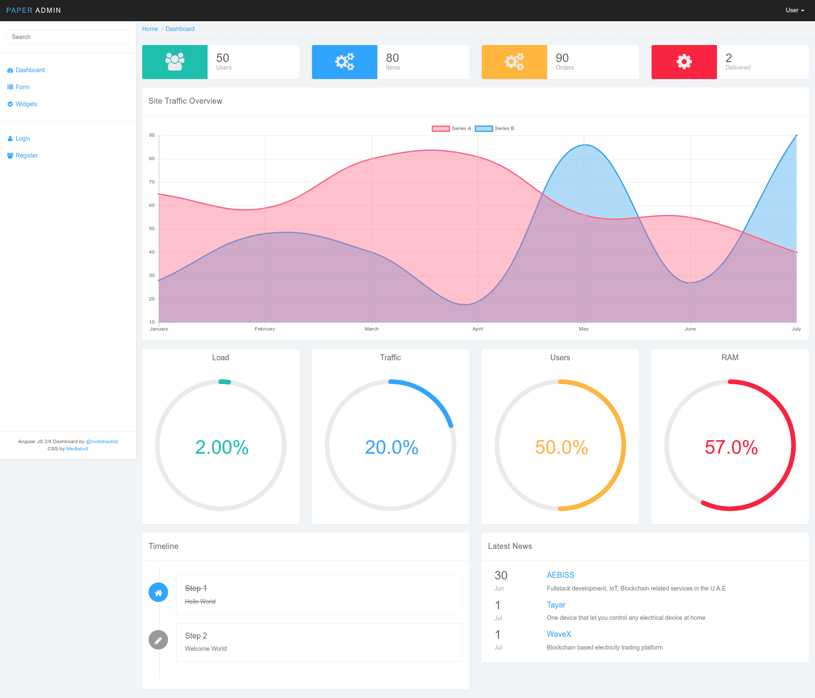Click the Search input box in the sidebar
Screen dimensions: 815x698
(x=68, y=37)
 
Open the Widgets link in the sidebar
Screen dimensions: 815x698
(x=26, y=104)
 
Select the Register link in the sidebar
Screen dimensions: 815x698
(x=26, y=155)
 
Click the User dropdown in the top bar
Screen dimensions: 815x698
(x=795, y=10)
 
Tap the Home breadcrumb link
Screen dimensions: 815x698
(x=150, y=29)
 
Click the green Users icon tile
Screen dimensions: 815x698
(x=175, y=62)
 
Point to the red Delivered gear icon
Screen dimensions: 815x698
(x=684, y=62)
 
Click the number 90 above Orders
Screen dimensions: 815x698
(x=562, y=58)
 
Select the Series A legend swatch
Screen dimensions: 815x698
(x=441, y=128)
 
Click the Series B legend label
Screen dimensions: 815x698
(x=504, y=128)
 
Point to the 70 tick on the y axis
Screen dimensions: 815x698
(x=152, y=182)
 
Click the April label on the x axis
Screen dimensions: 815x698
(x=478, y=329)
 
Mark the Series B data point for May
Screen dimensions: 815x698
(x=584, y=145)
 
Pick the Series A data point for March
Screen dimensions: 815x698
(x=371, y=159)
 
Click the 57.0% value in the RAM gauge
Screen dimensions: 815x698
(x=731, y=447)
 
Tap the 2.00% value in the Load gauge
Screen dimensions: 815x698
(x=222, y=447)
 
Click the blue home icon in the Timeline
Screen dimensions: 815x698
(x=158, y=592)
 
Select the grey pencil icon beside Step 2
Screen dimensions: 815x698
(x=158, y=640)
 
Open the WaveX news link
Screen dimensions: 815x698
(x=559, y=634)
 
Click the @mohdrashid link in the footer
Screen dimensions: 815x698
(x=102, y=441)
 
